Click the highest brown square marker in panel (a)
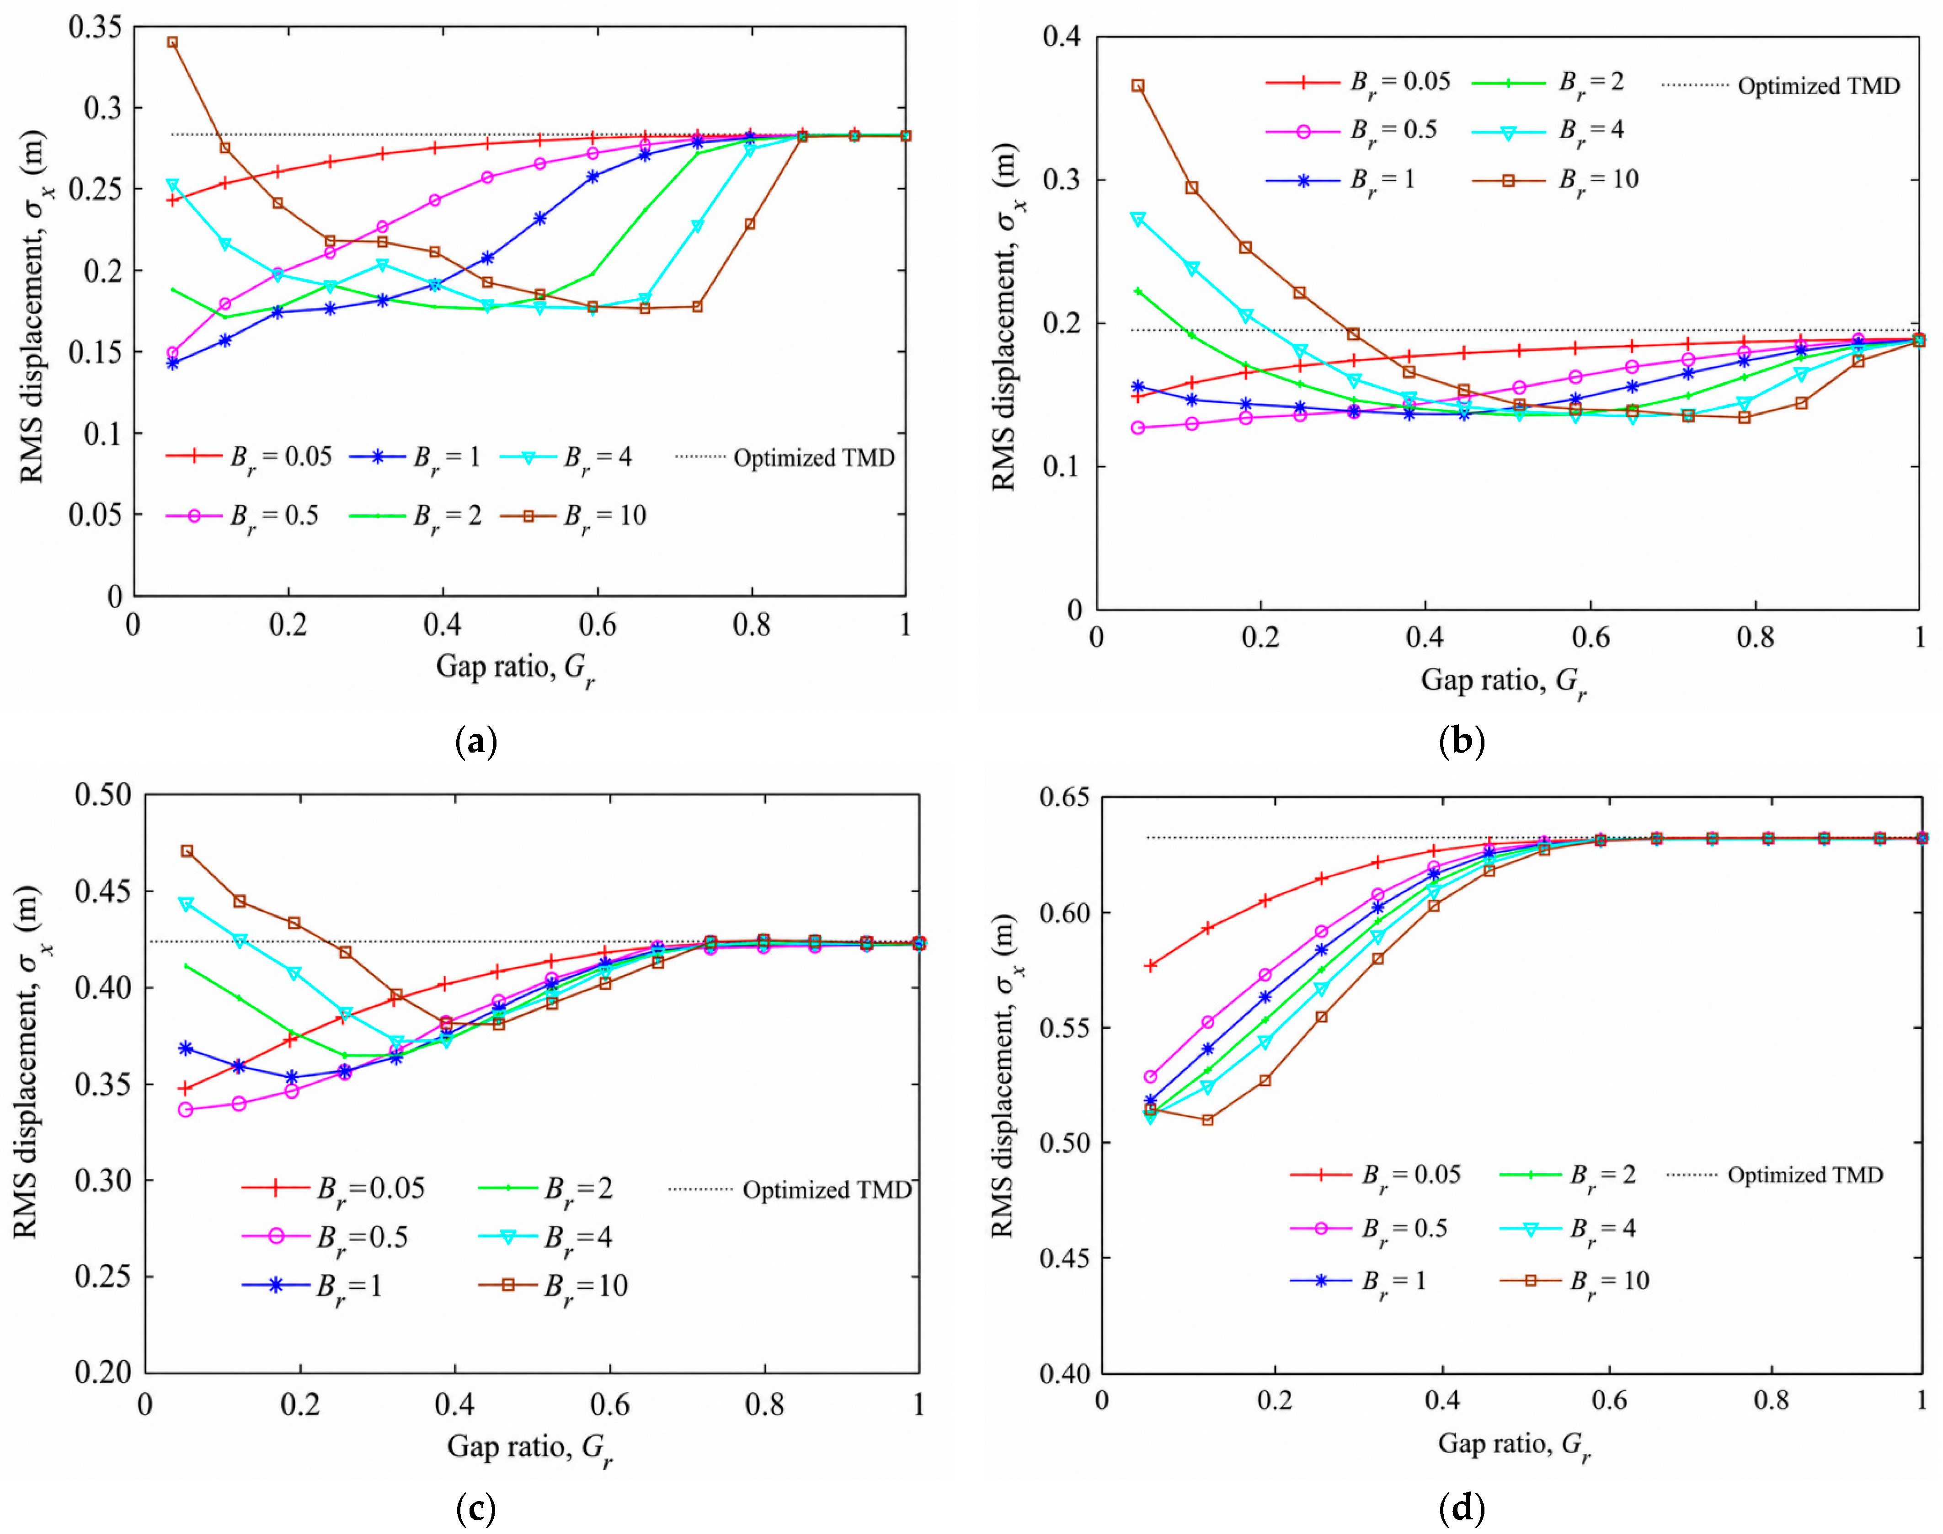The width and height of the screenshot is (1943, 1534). (172, 42)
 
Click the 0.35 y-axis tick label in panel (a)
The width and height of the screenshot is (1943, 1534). (95, 27)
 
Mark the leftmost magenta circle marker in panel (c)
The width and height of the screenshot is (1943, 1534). (186, 1110)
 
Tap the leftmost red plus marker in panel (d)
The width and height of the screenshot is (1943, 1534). (1150, 966)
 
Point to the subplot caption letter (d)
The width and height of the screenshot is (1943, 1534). (1462, 1508)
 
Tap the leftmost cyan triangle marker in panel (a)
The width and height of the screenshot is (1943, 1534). (172, 186)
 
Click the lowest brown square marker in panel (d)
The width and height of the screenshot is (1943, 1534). (1208, 1120)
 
